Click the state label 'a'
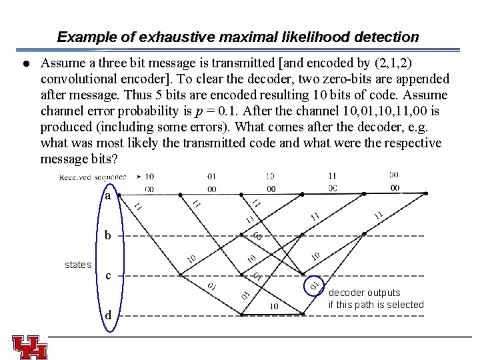108,197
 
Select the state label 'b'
108,235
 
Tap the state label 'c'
108,276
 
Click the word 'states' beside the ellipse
78,265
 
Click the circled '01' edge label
314,286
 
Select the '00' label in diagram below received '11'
333,189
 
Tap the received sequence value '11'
333,176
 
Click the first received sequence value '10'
149,177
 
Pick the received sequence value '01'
211,177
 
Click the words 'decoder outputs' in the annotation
365,293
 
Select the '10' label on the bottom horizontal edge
273,306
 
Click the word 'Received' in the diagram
75,177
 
